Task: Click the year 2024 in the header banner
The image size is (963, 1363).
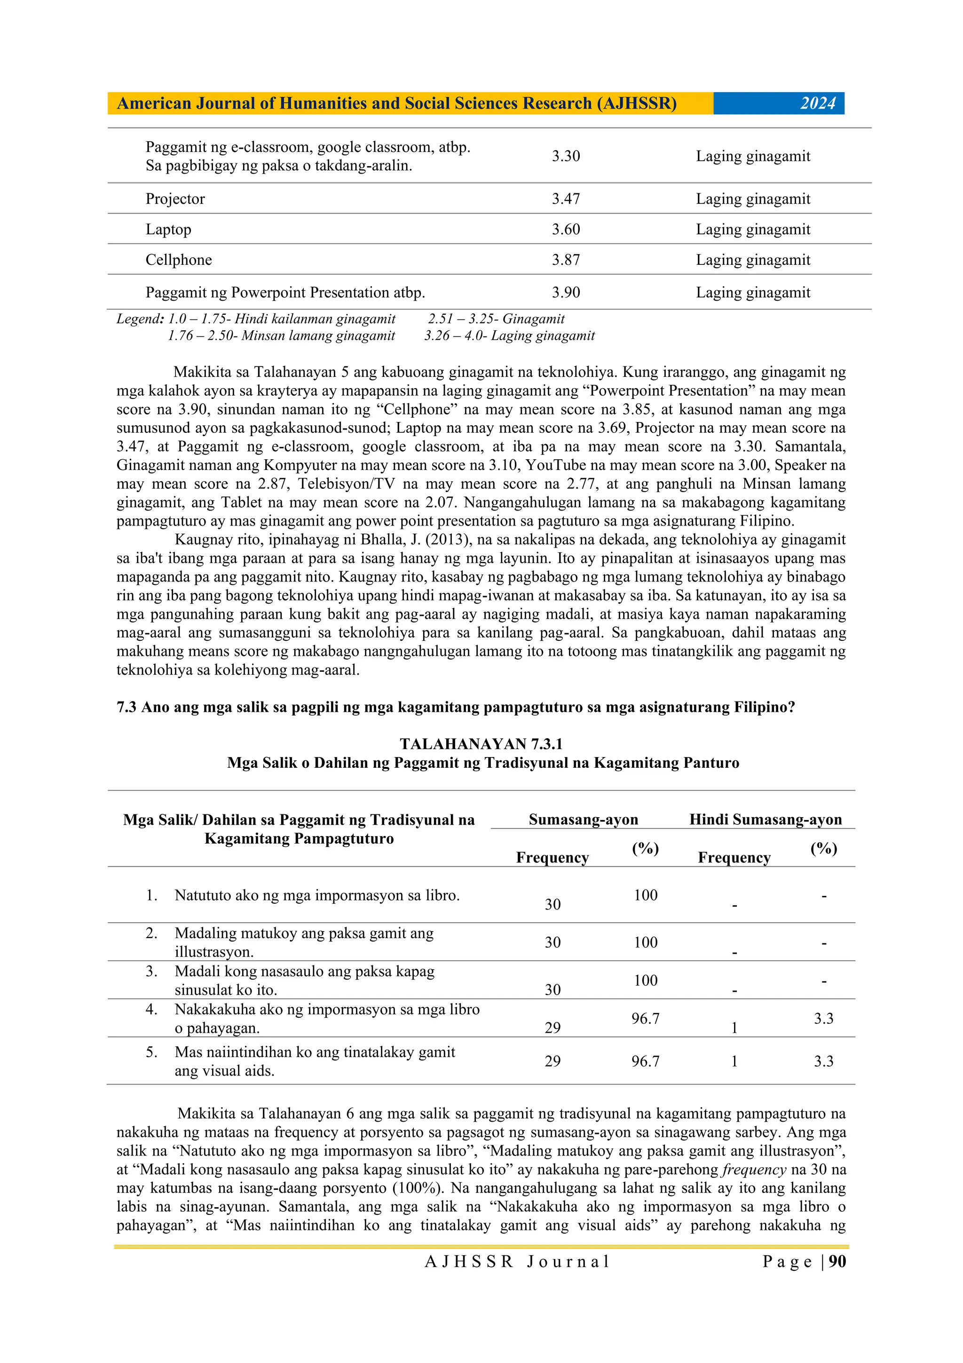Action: [x=818, y=104]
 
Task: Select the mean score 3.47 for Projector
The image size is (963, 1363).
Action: [x=566, y=199]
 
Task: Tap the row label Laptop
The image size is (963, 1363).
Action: [x=168, y=230]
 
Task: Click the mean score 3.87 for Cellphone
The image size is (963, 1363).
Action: [x=566, y=260]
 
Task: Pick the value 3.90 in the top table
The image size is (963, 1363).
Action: [x=566, y=293]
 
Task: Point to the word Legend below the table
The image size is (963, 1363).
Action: [x=139, y=319]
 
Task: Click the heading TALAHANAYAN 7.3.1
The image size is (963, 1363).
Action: [x=481, y=744]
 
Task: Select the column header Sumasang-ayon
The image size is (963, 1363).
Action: [x=583, y=820]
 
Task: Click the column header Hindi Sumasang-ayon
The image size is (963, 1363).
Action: [x=766, y=820]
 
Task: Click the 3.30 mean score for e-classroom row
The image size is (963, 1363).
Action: [x=566, y=156]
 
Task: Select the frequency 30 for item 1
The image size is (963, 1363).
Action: [x=553, y=904]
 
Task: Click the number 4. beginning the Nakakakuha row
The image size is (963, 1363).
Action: [x=152, y=1009]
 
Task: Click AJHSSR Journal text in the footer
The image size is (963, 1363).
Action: [x=517, y=1261]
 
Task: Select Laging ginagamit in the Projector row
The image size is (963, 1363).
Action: [x=753, y=199]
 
